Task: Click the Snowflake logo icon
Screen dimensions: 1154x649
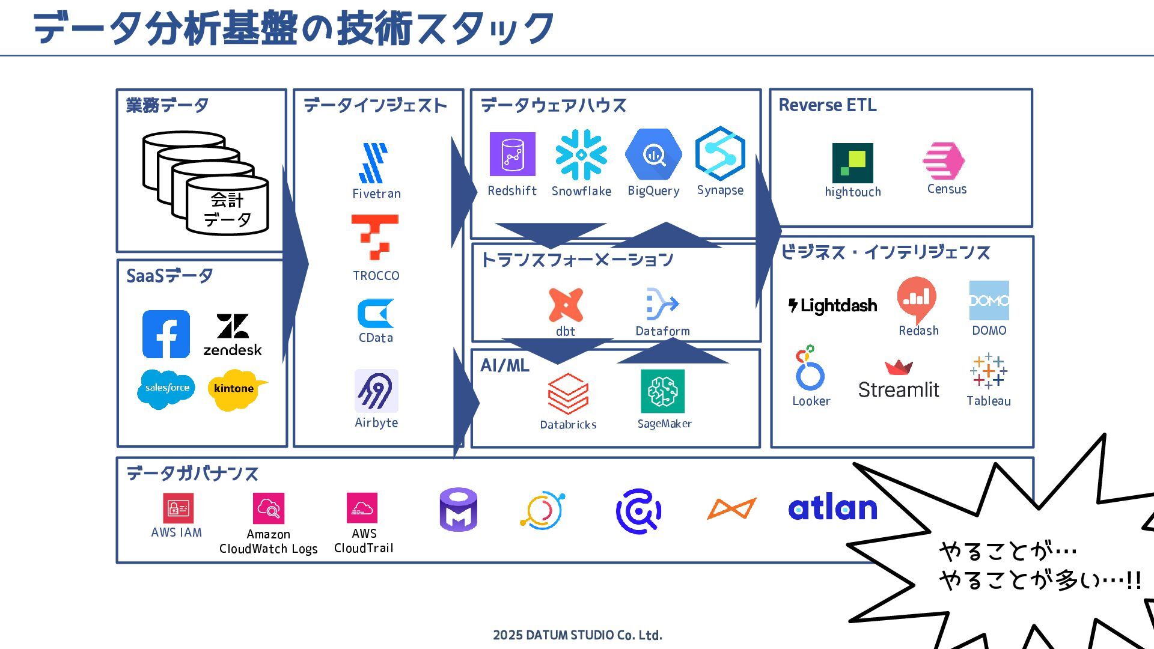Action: [581, 155]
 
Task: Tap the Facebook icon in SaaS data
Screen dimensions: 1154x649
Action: [166, 334]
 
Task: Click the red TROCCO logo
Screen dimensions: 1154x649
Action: [375, 237]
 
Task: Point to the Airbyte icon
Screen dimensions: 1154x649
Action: [376, 391]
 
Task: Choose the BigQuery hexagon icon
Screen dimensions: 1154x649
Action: [653, 154]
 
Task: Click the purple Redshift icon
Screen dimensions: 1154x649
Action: [512, 154]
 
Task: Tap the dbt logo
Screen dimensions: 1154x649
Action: [566, 305]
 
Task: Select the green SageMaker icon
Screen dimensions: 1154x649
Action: [662, 391]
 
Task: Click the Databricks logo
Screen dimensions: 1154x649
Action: [568, 394]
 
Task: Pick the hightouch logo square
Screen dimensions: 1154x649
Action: [852, 163]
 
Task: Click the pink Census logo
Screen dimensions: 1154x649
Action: [944, 161]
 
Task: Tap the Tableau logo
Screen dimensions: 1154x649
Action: [988, 371]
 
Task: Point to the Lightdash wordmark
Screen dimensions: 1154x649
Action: [832, 305]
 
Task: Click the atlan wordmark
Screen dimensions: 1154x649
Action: [832, 508]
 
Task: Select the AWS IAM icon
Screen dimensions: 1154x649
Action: [178, 508]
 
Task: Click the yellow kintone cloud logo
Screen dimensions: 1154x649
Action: [236, 389]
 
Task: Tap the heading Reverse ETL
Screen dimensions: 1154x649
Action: [827, 105]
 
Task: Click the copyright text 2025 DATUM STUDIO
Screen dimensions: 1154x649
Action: [577, 635]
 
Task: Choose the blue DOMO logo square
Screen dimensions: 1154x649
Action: [989, 300]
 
